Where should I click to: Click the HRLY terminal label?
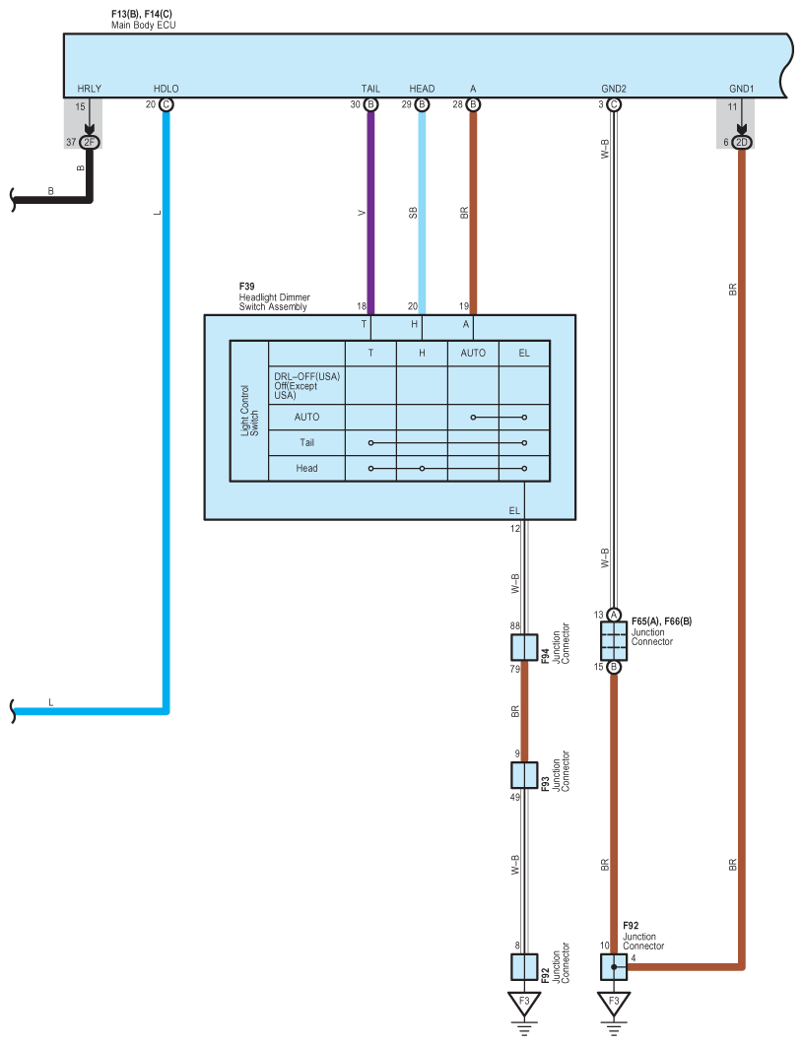click(x=89, y=89)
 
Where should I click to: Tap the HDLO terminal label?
click(x=167, y=89)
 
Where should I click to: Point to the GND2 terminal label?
click(x=614, y=89)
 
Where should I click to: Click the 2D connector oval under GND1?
click(x=742, y=143)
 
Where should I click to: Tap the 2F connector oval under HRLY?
click(x=90, y=143)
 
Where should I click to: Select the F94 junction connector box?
click(x=524, y=647)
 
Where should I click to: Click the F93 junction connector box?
click(x=524, y=776)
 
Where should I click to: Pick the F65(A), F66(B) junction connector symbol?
click(x=614, y=641)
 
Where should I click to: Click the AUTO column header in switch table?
click(x=473, y=353)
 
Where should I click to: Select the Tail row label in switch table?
click(x=307, y=442)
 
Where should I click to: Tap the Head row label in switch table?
click(x=307, y=468)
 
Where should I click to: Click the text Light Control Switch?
click(x=249, y=411)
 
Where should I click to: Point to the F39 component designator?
click(x=246, y=287)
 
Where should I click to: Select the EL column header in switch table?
click(x=524, y=353)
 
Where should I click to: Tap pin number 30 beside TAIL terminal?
click(x=355, y=103)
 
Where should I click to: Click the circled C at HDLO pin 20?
click(x=166, y=103)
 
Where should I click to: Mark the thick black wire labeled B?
click(x=59, y=199)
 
